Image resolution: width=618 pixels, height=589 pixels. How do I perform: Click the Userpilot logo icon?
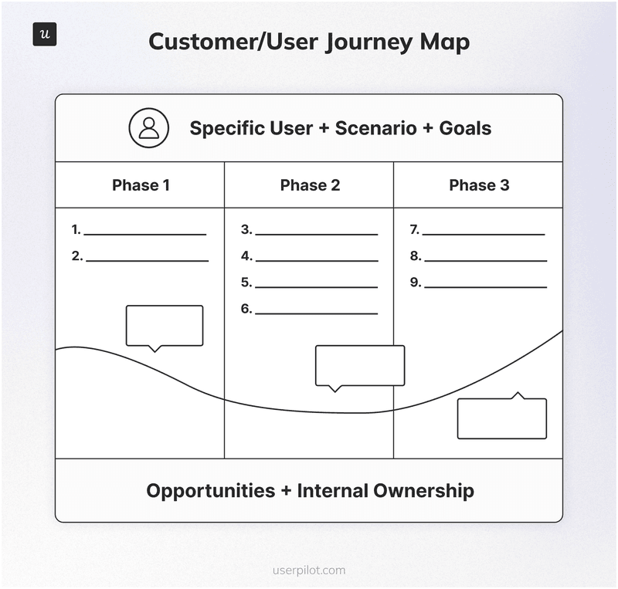pos(45,35)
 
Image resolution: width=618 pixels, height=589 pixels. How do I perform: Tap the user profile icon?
pos(148,127)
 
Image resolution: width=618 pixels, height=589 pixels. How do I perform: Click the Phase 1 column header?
pos(141,185)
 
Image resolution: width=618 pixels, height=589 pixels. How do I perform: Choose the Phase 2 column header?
pos(310,185)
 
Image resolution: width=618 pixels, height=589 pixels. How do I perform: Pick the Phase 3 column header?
pos(479,185)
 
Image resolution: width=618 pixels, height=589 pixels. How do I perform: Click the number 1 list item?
pos(76,229)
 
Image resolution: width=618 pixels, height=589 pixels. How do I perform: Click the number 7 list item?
pos(415,229)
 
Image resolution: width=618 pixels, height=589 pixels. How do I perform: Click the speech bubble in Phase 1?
pos(165,326)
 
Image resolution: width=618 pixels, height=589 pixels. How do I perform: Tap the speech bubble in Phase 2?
pos(360,365)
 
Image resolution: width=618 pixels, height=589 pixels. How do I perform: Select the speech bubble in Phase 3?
pos(502,418)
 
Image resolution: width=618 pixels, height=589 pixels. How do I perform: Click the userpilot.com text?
pos(309,571)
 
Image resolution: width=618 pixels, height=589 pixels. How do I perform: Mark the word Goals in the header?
pos(465,127)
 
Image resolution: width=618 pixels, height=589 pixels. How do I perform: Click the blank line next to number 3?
pos(316,233)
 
